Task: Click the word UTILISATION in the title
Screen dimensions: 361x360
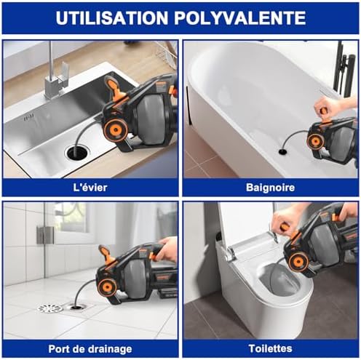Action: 111,17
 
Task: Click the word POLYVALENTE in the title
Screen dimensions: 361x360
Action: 240,17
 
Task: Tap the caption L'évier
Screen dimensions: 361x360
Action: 90,188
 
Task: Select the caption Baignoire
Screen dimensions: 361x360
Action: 270,188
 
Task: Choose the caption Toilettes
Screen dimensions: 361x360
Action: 270,348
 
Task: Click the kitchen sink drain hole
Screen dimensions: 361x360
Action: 77,153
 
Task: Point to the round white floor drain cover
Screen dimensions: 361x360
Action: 50,308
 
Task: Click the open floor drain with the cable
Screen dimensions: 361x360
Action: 76,307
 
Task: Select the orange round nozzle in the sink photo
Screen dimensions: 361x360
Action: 116,130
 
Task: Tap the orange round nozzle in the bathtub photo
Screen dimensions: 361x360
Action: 314,142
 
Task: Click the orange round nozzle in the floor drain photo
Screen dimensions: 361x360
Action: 108,287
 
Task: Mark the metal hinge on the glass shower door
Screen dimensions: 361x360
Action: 45,235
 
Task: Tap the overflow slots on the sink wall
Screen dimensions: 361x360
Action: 28,119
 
